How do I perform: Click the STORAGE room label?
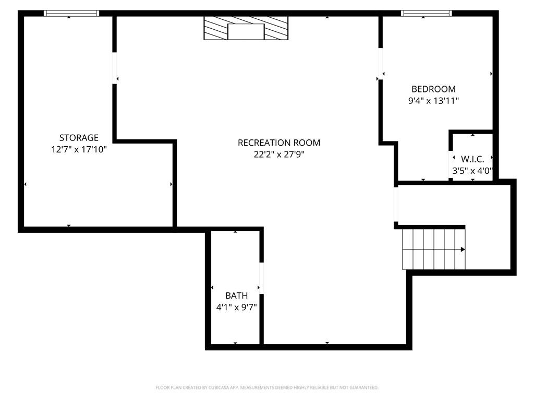click(x=79, y=138)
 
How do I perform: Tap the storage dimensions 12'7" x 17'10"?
click(x=79, y=149)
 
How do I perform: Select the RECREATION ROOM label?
click(x=279, y=143)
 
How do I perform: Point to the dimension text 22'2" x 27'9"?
click(x=279, y=155)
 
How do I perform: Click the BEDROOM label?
click(x=433, y=89)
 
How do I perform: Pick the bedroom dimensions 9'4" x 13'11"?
click(x=433, y=101)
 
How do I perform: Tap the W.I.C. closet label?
click(x=472, y=159)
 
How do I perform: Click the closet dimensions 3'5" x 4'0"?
click(x=472, y=171)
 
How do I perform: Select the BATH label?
click(x=237, y=296)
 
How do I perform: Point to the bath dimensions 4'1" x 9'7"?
click(x=237, y=308)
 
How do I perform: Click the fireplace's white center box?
click(x=246, y=32)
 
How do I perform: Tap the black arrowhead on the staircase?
click(x=463, y=250)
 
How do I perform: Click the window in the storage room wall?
click(x=71, y=13)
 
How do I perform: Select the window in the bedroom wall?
click(x=427, y=13)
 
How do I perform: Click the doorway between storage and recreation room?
click(x=115, y=68)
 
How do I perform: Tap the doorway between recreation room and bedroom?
click(x=380, y=64)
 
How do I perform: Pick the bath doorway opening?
click(x=262, y=278)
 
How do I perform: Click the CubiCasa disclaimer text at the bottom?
click(x=267, y=388)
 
